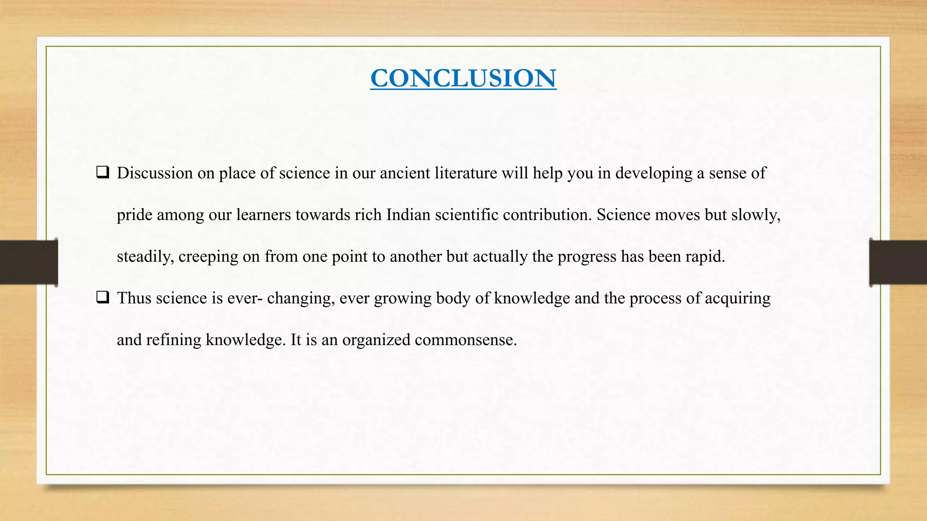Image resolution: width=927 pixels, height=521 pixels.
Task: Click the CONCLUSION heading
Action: tap(463, 78)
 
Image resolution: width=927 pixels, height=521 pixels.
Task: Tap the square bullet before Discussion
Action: tap(103, 172)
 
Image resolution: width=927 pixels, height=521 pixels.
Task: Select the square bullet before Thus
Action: tap(103, 298)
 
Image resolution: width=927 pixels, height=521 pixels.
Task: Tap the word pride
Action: tap(134, 215)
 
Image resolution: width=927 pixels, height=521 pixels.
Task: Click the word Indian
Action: tap(408, 214)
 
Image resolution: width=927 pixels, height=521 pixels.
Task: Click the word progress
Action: tap(587, 257)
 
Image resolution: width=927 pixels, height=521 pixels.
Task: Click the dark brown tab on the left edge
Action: tap(29, 262)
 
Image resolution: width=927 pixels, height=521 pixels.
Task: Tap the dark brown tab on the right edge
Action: tap(898, 262)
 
